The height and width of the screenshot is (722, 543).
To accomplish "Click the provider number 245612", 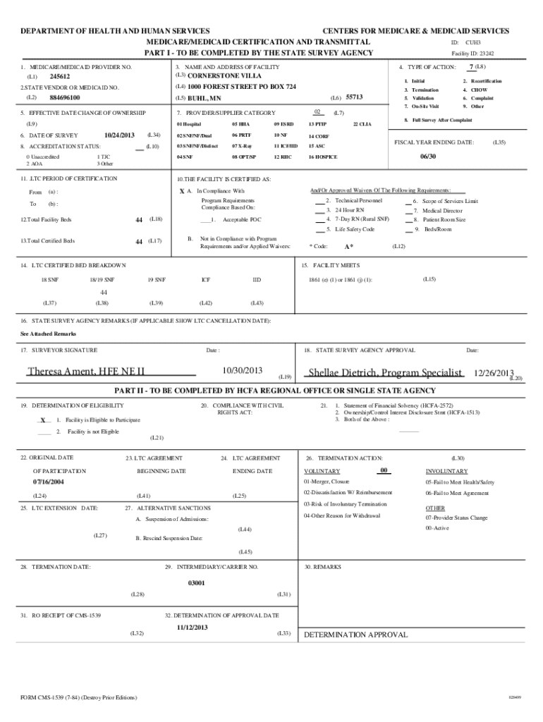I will (60, 76).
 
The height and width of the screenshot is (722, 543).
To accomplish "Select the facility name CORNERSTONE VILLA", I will (224, 75).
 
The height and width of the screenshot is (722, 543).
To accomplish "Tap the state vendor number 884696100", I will (65, 97).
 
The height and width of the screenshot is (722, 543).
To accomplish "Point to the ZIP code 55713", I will (355, 97).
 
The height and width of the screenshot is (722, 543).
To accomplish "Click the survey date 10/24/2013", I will (118, 135).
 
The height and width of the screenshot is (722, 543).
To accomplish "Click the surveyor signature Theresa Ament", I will (86, 372).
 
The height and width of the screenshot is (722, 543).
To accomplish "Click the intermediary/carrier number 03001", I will (197, 583).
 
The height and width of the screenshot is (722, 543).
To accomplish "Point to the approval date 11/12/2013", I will (192, 627).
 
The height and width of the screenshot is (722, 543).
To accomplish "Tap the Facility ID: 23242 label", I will (472, 53).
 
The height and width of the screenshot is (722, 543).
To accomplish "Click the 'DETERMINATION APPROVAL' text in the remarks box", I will (355, 635).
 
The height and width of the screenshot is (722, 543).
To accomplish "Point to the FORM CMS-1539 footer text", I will (78, 698).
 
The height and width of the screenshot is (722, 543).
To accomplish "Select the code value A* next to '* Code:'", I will (348, 247).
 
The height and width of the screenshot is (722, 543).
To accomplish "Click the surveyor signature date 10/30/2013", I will (242, 370).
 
